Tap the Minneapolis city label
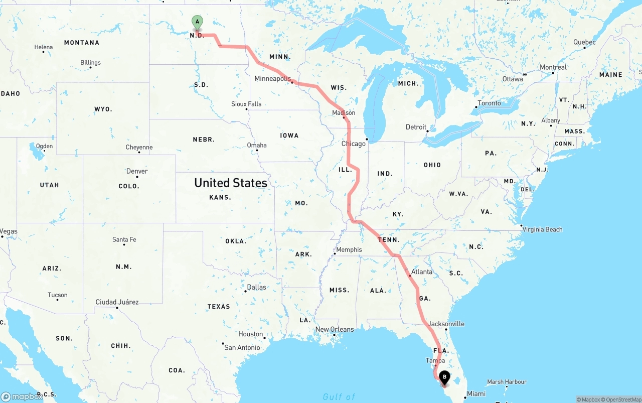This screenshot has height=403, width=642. (272, 79)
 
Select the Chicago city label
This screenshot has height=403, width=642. (354, 144)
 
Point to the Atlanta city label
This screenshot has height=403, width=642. (421, 272)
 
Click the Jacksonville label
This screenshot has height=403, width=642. (446, 324)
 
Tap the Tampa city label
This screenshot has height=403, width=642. (435, 361)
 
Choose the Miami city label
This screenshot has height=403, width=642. (476, 394)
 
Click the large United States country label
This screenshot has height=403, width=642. (231, 183)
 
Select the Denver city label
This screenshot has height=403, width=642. (137, 171)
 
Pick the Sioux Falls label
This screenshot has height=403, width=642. (246, 104)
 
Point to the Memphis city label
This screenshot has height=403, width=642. (349, 250)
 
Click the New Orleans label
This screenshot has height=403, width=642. (334, 330)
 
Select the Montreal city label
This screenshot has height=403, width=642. (553, 67)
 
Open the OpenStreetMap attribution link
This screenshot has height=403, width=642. (622, 400)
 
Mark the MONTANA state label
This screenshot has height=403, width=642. (82, 43)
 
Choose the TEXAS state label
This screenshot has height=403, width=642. (219, 307)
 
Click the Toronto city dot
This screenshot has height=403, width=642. (475, 107)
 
